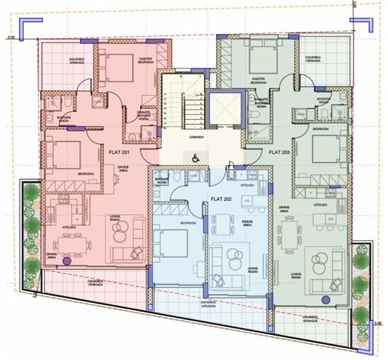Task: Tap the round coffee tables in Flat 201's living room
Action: point(120,235)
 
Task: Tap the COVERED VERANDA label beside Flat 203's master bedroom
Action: point(315,59)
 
